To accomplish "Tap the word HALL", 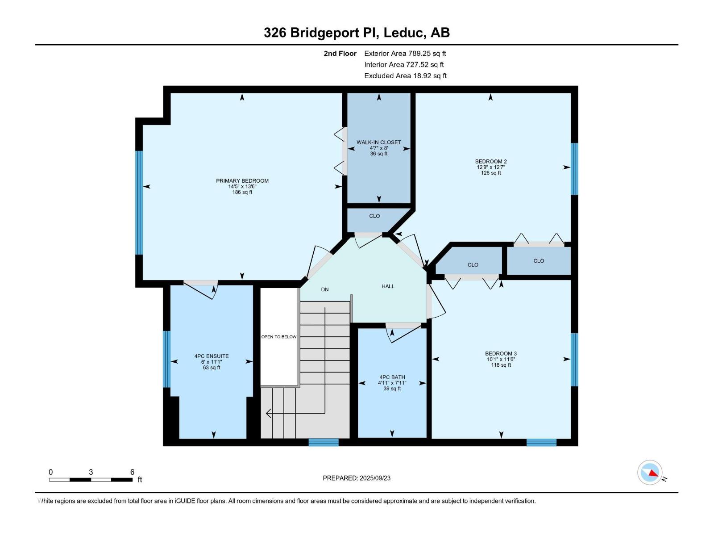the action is (388, 286).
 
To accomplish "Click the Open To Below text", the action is (279, 337).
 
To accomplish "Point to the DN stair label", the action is (324, 289).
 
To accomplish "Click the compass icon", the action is (650, 473).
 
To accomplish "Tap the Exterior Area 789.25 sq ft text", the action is (405, 53).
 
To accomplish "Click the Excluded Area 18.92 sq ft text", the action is (405, 76).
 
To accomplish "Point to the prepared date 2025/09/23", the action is (375, 478).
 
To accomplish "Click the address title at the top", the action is (357, 33).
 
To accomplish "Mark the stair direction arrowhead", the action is (269, 414).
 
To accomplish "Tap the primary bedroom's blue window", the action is (139, 202).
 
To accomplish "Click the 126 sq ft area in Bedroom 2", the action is (491, 173).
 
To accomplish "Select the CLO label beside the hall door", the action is (374, 216).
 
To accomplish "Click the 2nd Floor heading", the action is (340, 53).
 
